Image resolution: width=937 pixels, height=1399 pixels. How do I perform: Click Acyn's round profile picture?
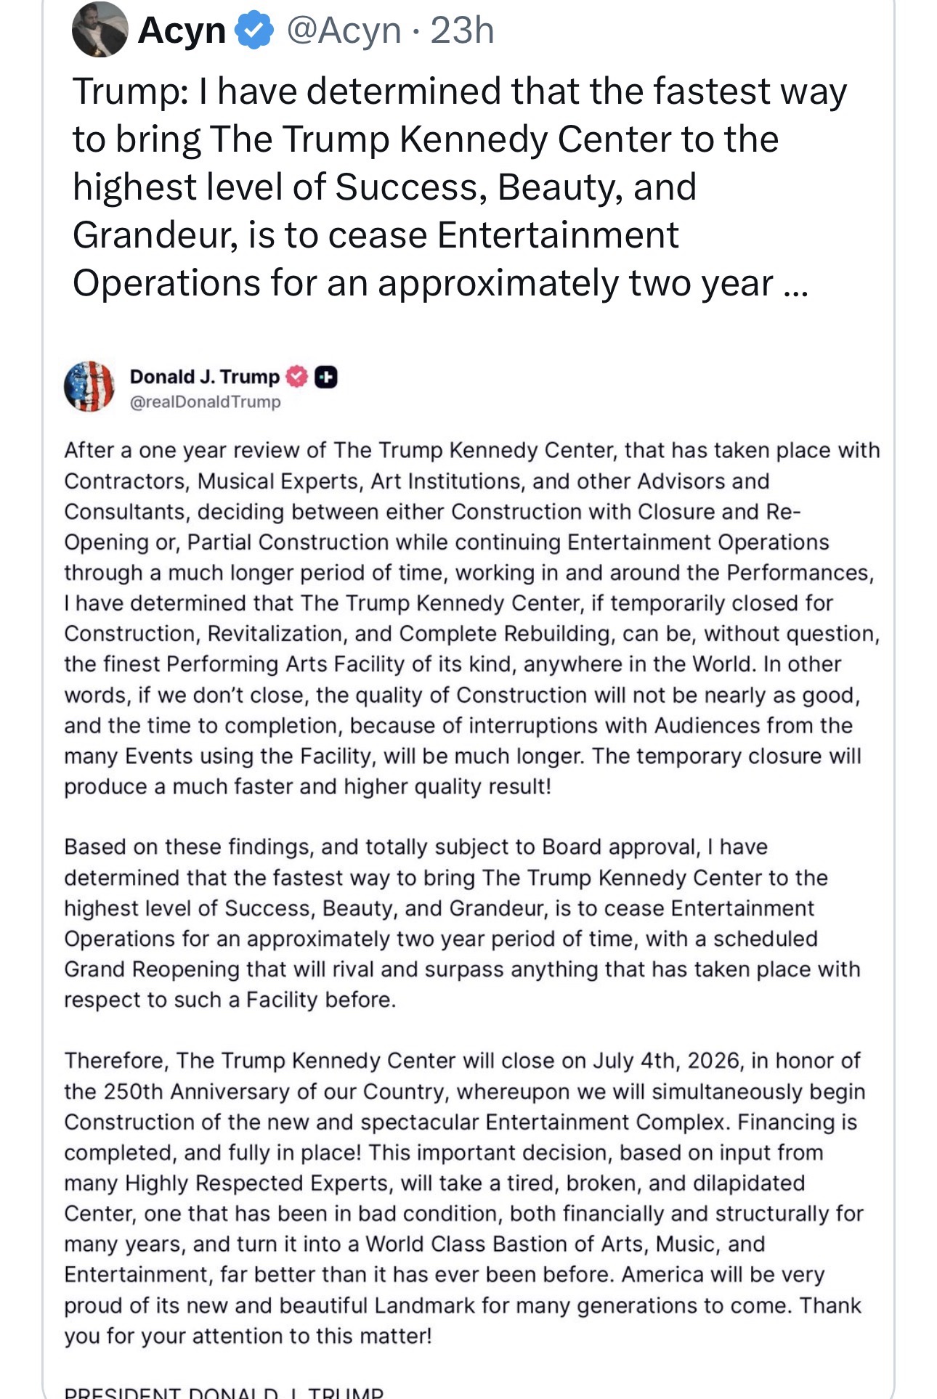coord(100,29)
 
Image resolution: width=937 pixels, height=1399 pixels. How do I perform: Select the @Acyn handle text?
coord(344,30)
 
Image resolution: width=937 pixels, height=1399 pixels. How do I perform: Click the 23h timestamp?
coord(462,30)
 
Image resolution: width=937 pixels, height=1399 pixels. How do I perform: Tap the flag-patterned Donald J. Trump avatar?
coord(89,386)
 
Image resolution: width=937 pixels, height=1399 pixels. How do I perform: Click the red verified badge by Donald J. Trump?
coord(296,377)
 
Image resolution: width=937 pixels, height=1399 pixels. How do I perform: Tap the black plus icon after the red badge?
coord(326,377)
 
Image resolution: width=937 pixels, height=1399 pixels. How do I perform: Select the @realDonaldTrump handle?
coord(205,401)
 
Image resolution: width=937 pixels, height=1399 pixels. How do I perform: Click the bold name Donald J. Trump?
coord(204,377)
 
